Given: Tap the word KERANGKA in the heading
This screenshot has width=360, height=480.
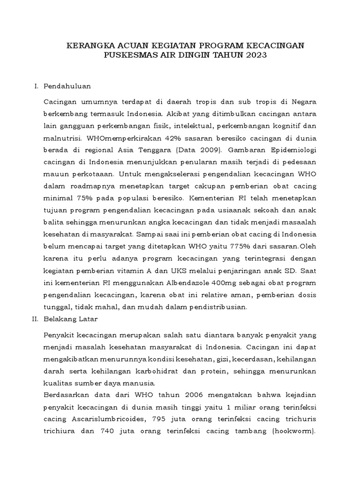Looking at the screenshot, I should coord(88,45).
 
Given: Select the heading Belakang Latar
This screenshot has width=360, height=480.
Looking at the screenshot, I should coord(70,319).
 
